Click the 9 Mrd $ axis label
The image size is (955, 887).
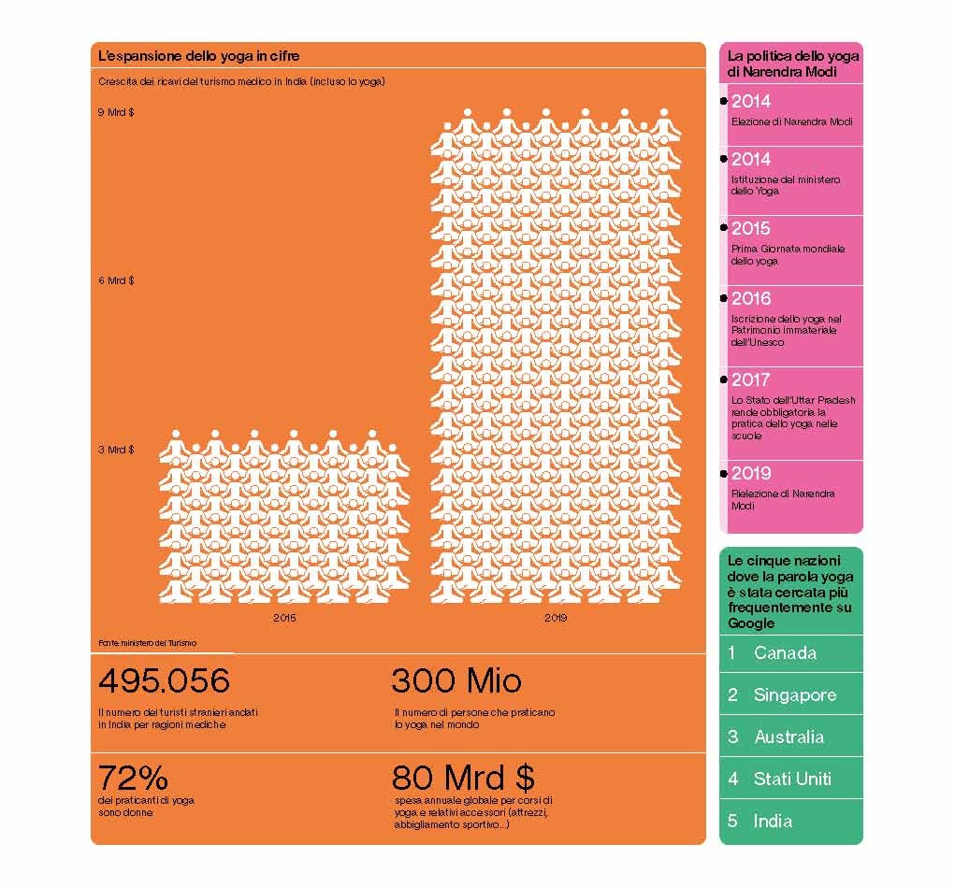116,112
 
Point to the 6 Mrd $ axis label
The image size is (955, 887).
116,280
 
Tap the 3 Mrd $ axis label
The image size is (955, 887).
116,450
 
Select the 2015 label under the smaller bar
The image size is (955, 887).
284,618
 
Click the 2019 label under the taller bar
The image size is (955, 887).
556,618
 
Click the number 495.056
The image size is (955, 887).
164,680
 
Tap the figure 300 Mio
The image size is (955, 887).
456,680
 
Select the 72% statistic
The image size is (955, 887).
133,778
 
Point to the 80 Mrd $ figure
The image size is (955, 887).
463,778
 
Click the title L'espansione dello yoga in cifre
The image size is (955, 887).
198,57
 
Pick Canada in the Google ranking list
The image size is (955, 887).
785,653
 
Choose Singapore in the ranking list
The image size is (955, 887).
795,695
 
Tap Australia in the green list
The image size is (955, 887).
789,737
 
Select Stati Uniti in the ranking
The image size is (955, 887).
792,780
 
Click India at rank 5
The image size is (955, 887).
773,822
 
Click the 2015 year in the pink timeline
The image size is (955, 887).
751,229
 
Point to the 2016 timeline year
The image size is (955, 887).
751,299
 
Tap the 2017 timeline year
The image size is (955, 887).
751,380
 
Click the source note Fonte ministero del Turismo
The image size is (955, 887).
147,643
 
